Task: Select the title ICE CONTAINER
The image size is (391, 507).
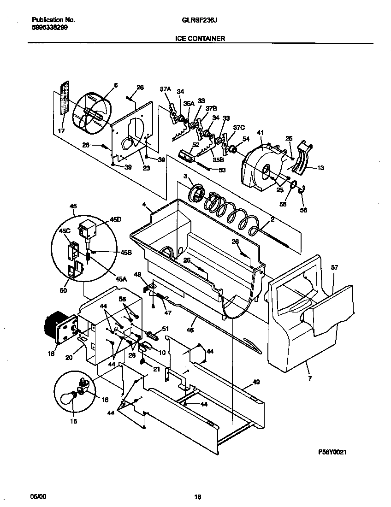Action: pyautogui.click(x=200, y=39)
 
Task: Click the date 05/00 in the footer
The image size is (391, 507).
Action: pyautogui.click(x=38, y=496)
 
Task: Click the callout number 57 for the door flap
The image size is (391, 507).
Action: pyautogui.click(x=334, y=267)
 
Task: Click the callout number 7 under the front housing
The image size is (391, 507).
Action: pyautogui.click(x=309, y=379)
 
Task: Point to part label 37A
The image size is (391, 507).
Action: pyautogui.click(x=165, y=90)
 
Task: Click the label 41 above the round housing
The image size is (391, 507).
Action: pyautogui.click(x=260, y=133)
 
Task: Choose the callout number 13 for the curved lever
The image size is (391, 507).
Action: pyautogui.click(x=320, y=168)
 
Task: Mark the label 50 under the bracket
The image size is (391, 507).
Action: pyautogui.click(x=63, y=290)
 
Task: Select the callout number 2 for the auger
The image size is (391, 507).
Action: pyautogui.click(x=272, y=219)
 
